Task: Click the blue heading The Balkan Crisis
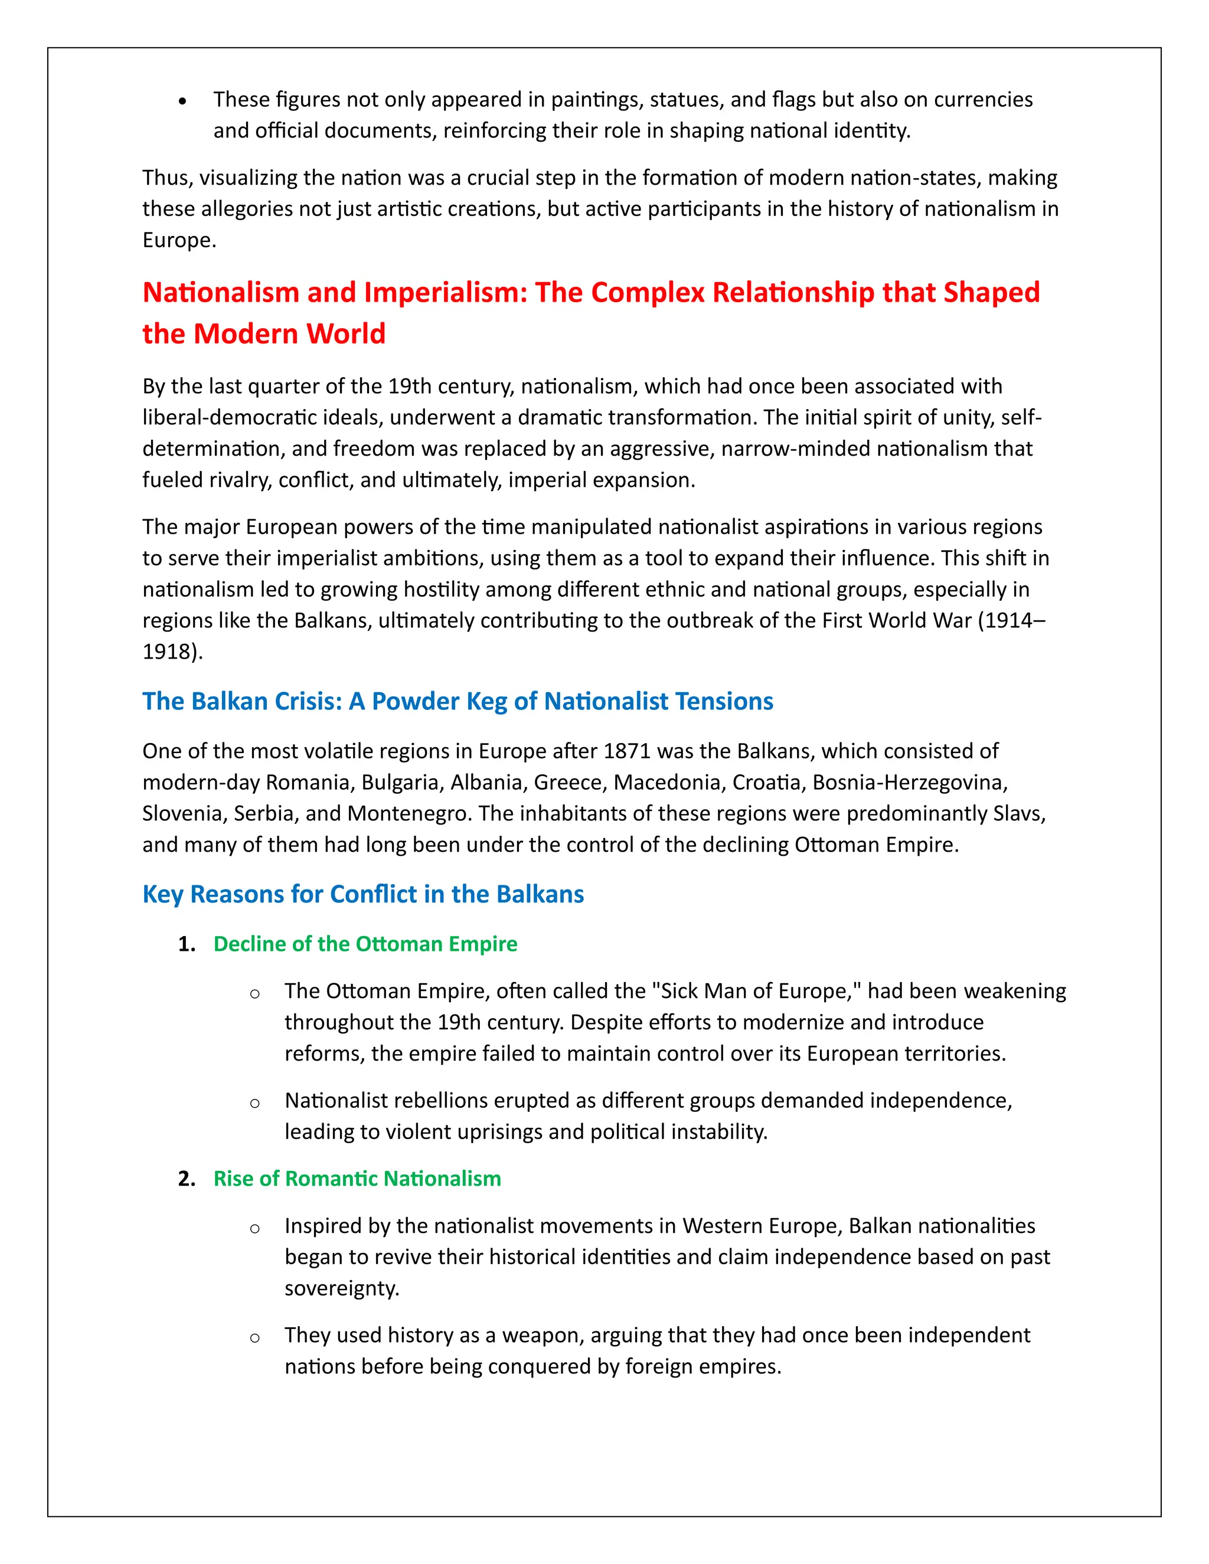(x=457, y=701)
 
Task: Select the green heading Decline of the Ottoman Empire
(x=365, y=944)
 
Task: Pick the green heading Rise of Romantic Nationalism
(x=357, y=1179)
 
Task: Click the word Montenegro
(x=410, y=813)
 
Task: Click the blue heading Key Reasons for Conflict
(x=362, y=894)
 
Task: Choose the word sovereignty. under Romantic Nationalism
(x=342, y=1288)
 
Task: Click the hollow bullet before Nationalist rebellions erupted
(x=254, y=1104)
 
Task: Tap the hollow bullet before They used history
(x=254, y=1339)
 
